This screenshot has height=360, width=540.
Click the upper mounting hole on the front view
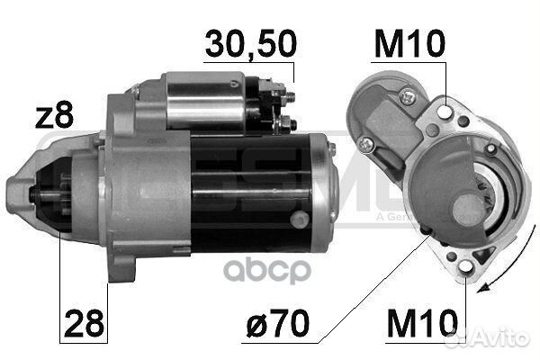pyautogui.click(x=447, y=111)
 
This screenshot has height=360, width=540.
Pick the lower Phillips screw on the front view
pyautogui.click(x=365, y=144)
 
